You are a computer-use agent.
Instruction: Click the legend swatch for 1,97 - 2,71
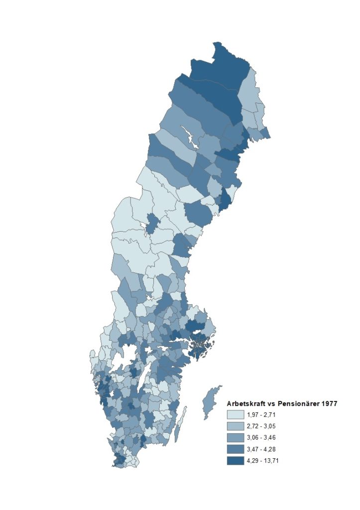(x=236, y=414)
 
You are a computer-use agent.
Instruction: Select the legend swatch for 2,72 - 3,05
(x=236, y=426)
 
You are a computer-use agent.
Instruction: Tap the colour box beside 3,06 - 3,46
(x=236, y=437)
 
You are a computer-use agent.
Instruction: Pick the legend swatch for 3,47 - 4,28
(x=236, y=449)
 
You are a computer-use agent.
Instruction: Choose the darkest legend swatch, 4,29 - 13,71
(x=236, y=461)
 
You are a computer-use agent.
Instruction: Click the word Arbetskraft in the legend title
(x=245, y=403)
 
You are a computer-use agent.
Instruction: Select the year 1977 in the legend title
(x=329, y=403)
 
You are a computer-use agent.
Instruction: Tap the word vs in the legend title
(x=270, y=403)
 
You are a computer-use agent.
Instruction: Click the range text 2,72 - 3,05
(x=261, y=426)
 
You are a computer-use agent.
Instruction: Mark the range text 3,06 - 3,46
(x=261, y=437)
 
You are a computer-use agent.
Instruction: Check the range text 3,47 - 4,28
(x=261, y=449)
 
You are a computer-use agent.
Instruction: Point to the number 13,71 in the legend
(x=274, y=461)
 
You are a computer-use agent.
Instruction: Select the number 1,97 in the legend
(x=253, y=414)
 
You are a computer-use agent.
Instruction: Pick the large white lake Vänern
(x=127, y=356)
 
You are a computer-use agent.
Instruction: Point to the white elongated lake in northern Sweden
(x=189, y=136)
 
